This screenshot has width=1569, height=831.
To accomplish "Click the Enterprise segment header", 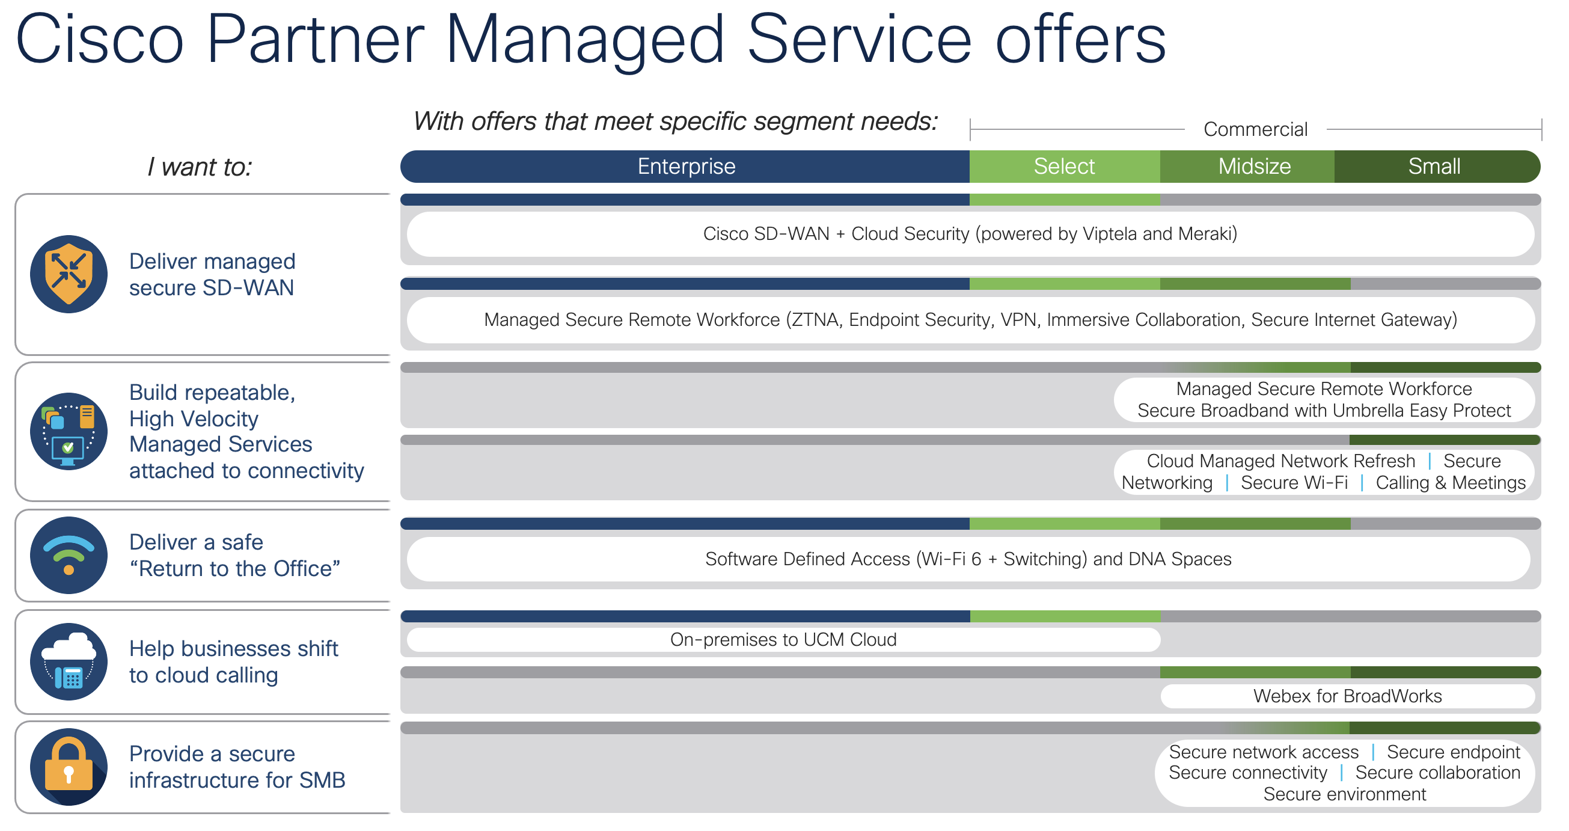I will pyautogui.click(x=686, y=167).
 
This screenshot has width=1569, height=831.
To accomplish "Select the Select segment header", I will pyautogui.click(x=1063, y=167).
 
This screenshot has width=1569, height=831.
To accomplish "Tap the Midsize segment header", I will pyautogui.click(x=1254, y=167).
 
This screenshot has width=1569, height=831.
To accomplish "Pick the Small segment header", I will pyautogui.click(x=1434, y=167).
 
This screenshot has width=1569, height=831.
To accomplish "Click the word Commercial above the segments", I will pyautogui.click(x=1255, y=129).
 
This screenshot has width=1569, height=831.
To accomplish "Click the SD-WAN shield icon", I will pyautogui.click(x=69, y=274).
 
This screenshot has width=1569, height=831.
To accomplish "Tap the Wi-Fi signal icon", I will pyautogui.click(x=69, y=555).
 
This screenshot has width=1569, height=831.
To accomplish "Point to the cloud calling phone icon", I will pyautogui.click(x=69, y=661).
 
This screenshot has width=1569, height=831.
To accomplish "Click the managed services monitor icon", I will pyautogui.click(x=69, y=431).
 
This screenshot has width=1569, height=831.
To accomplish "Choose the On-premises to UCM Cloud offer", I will pyautogui.click(x=783, y=639).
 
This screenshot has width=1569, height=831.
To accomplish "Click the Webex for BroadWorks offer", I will pyautogui.click(x=1347, y=696).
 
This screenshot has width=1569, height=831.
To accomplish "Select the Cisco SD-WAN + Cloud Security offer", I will pyautogui.click(x=970, y=234).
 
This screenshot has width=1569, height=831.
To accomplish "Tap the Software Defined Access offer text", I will pyautogui.click(x=968, y=559).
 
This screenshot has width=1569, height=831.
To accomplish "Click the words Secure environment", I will pyautogui.click(x=1344, y=794).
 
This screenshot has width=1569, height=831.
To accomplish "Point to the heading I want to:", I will pyautogui.click(x=200, y=167).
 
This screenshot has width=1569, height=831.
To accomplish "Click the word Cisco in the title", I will pyautogui.click(x=99, y=40).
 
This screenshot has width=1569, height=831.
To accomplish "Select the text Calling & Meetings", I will pyautogui.click(x=1450, y=482).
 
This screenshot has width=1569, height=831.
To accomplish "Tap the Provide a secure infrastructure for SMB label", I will pyautogui.click(x=237, y=767).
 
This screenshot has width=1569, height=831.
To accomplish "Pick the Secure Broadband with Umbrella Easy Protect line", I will pyautogui.click(x=1324, y=411).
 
